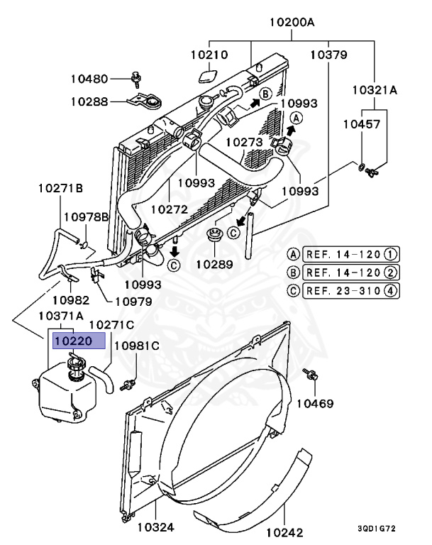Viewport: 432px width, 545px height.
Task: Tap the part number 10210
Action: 209,54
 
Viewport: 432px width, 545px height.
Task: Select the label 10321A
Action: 375,91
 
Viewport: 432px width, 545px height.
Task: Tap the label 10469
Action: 315,403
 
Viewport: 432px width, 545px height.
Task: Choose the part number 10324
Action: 156,527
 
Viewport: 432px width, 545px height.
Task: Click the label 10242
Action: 286,532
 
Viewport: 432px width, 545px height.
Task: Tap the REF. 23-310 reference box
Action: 350,290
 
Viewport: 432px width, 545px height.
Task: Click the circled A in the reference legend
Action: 292,254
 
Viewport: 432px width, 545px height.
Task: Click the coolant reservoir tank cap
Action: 74,366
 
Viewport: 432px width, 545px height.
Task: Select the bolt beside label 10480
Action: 136,77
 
